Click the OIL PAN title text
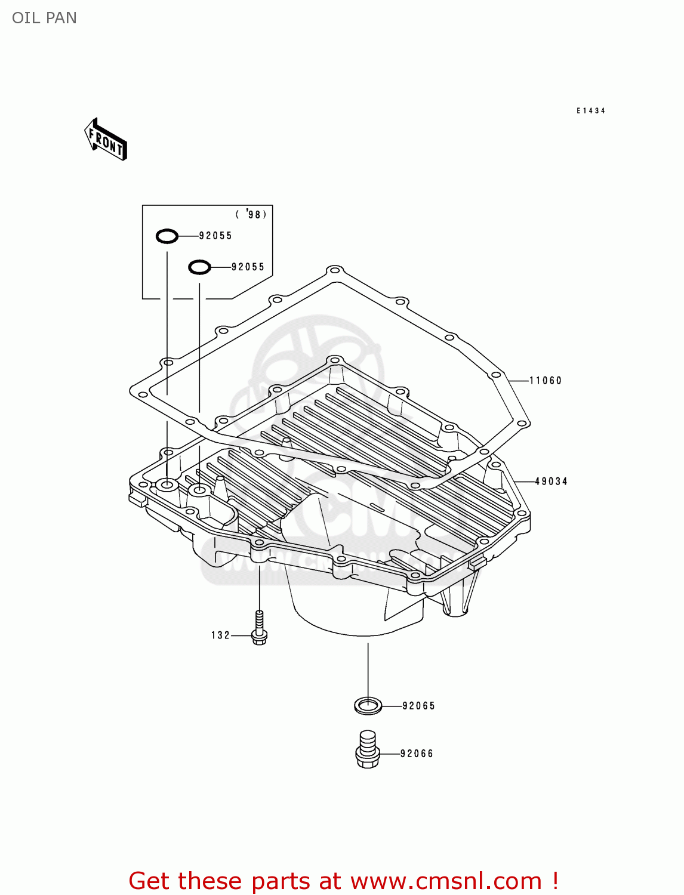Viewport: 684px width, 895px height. [x=44, y=18]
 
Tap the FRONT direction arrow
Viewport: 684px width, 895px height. [x=106, y=140]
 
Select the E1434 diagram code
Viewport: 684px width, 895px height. [x=591, y=111]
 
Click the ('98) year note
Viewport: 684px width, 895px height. [x=251, y=214]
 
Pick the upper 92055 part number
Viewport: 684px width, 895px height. [x=215, y=236]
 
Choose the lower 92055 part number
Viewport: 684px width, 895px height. [x=248, y=267]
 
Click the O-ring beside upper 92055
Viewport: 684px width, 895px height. [x=167, y=236]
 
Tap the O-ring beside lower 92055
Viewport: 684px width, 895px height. [x=199, y=267]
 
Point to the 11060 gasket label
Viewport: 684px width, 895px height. [x=546, y=381]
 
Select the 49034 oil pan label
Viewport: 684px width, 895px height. [x=551, y=482]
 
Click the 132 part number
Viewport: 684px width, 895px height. [x=220, y=635]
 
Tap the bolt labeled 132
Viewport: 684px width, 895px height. [x=259, y=629]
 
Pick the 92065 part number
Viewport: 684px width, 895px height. [x=418, y=706]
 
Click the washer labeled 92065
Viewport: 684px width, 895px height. [x=368, y=706]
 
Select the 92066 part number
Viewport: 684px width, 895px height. [x=417, y=754]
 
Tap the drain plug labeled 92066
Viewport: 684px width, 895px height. [x=368, y=750]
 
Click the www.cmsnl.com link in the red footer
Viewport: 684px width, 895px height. [x=446, y=881]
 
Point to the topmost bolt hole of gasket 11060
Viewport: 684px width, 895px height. [x=335, y=270]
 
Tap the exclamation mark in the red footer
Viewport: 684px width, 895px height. [x=555, y=881]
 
